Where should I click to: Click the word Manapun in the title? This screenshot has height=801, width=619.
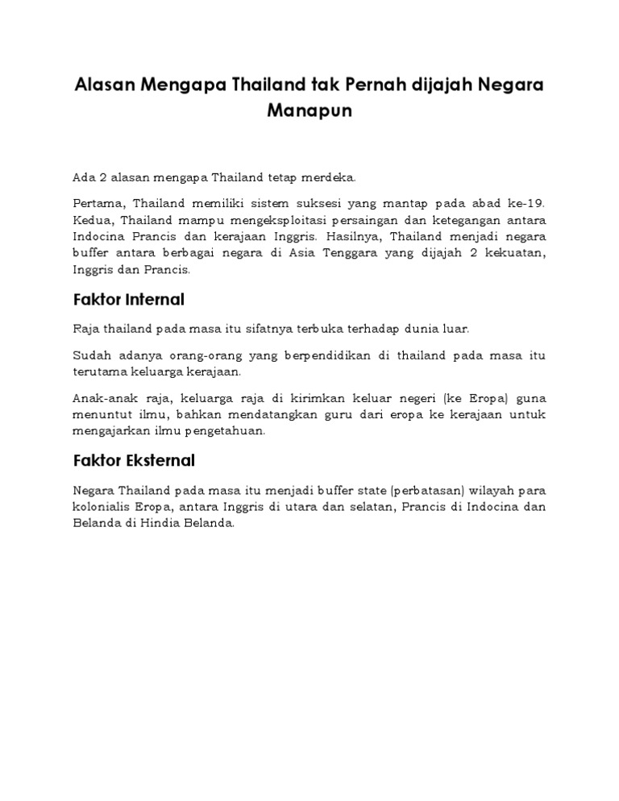309,110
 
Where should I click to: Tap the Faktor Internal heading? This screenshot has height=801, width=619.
129,300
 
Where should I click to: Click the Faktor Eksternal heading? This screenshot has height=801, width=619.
134,461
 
